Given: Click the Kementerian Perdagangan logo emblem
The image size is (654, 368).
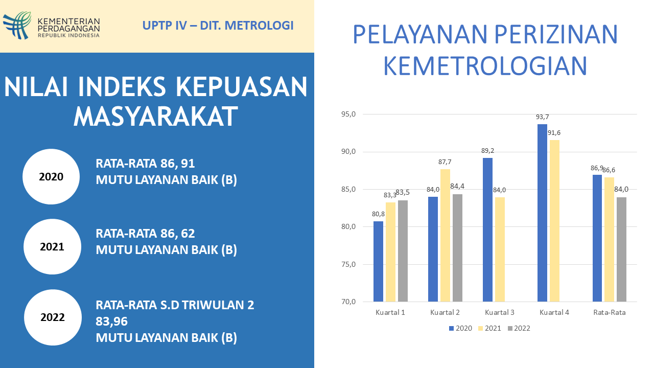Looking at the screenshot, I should (x=17, y=26).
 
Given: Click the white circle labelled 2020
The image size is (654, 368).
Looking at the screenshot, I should (x=51, y=177).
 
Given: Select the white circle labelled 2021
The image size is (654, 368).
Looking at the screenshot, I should (x=52, y=246).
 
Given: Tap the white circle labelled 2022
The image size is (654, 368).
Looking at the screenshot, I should (x=52, y=317).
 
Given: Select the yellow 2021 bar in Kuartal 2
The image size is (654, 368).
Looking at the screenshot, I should (x=445, y=235).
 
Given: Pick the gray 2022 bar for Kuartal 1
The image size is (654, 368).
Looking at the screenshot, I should (x=403, y=250).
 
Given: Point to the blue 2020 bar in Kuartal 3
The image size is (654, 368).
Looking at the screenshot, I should (x=487, y=229).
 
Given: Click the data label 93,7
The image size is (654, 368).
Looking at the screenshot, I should (x=542, y=117).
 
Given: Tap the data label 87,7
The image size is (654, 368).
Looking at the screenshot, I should (x=445, y=162).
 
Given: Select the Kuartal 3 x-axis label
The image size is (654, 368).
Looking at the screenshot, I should (x=500, y=312).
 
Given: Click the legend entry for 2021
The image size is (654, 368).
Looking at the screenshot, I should (x=489, y=328).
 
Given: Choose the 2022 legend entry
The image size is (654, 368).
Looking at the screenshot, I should (x=519, y=328).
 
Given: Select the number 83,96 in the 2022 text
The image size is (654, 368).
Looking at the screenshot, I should (x=111, y=321).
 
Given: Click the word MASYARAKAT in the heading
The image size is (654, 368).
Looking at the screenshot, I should (x=156, y=117).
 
